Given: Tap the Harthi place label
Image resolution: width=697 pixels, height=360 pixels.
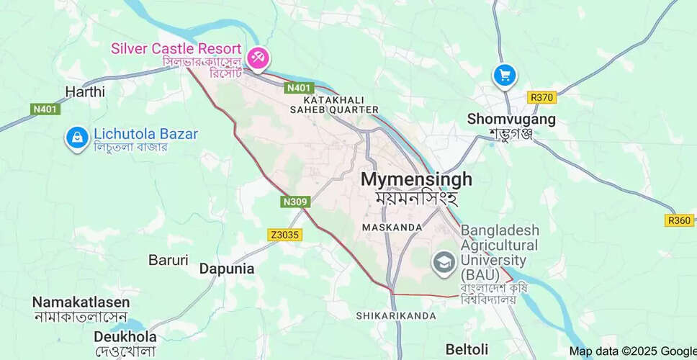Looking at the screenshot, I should pyautogui.click(x=85, y=91).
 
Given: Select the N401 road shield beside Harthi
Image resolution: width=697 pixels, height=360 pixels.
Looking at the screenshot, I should pyautogui.click(x=46, y=109).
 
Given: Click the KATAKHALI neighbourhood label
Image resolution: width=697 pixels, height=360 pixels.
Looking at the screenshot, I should pyautogui.click(x=333, y=99).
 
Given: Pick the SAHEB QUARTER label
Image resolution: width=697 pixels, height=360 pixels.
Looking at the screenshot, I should pyautogui.click(x=333, y=109).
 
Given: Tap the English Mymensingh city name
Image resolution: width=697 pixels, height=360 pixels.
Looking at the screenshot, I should pyautogui.click(x=416, y=179).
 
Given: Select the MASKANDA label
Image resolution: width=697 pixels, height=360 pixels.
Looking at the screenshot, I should pyautogui.click(x=392, y=228).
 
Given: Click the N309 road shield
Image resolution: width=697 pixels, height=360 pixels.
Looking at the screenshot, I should pyautogui.click(x=295, y=202).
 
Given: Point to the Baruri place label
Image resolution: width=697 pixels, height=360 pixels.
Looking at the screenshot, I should pyautogui.click(x=168, y=259).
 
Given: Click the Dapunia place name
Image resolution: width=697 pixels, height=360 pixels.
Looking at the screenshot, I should pyautogui.click(x=227, y=269).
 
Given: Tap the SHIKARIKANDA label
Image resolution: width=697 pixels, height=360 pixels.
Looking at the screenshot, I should pyautogui.click(x=396, y=315).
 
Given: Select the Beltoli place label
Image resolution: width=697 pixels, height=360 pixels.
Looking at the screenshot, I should pyautogui.click(x=467, y=349).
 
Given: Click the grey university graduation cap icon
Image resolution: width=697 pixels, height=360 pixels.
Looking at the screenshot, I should pyautogui.click(x=444, y=262).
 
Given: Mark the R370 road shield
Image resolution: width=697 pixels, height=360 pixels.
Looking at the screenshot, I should pyautogui.click(x=541, y=97).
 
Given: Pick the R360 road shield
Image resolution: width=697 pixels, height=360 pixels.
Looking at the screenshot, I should pyautogui.click(x=679, y=220).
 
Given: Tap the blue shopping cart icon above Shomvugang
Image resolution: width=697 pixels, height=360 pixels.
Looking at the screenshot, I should pyautogui.click(x=504, y=75).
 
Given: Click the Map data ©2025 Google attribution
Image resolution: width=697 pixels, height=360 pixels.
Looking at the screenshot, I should pyautogui.click(x=631, y=351).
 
